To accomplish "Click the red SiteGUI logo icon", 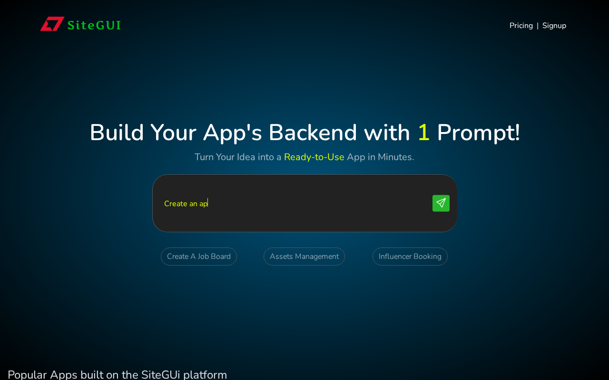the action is coord(52,24).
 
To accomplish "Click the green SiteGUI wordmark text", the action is coord(94,25).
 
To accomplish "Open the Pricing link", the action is coord(521,26).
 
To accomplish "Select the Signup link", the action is coord(554,26).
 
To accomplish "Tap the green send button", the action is coord(441,203).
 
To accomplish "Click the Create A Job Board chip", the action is coord(199,256).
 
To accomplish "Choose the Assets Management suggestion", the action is coord(304,256).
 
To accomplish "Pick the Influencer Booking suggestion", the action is coord(410,256).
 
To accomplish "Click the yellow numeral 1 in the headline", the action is coord(423,133).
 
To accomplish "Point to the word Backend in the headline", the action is coord(313,133).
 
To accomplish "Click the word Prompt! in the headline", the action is coord(479,133).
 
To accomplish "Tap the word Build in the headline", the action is coord(117,133).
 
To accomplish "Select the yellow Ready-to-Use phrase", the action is coord(314,157).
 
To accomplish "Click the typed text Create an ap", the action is coord(186,204).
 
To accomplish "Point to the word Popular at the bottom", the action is coord(27,375).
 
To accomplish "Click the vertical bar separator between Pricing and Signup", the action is coord(538,26).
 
